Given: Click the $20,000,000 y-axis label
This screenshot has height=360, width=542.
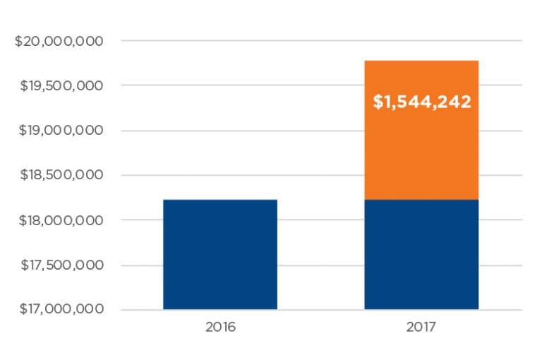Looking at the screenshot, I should pyautogui.click(x=59, y=41).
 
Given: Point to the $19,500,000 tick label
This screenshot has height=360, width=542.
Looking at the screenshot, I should pyautogui.click(x=59, y=85).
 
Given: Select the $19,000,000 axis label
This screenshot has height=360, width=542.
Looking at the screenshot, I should pyautogui.click(x=59, y=131).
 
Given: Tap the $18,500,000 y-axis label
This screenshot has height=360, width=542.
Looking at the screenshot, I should pyautogui.click(x=59, y=175).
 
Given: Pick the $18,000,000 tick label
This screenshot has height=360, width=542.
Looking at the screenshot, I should pyautogui.click(x=59, y=220).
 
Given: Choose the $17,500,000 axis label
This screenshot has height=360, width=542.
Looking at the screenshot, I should pyautogui.click(x=59, y=265).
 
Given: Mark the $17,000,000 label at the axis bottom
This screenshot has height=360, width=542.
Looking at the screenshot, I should pyautogui.click(x=59, y=309).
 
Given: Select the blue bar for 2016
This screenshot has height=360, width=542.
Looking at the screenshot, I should pyautogui.click(x=219, y=254).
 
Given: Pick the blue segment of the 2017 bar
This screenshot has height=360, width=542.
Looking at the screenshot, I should pyautogui.click(x=421, y=254).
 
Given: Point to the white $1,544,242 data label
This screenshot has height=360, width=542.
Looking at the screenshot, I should pyautogui.click(x=421, y=102).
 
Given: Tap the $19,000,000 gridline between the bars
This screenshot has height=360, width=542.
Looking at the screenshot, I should pyautogui.click(x=321, y=131).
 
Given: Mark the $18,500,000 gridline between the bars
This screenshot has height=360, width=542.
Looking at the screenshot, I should pyautogui.click(x=321, y=175).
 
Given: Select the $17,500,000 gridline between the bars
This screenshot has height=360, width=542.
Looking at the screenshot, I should pyautogui.click(x=321, y=265).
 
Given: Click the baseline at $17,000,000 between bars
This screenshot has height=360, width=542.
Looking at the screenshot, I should pyautogui.click(x=321, y=310).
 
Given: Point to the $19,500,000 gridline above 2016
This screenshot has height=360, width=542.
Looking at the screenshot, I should pyautogui.click(x=219, y=85).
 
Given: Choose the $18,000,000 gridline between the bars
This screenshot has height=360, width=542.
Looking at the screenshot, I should pyautogui.click(x=321, y=220).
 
